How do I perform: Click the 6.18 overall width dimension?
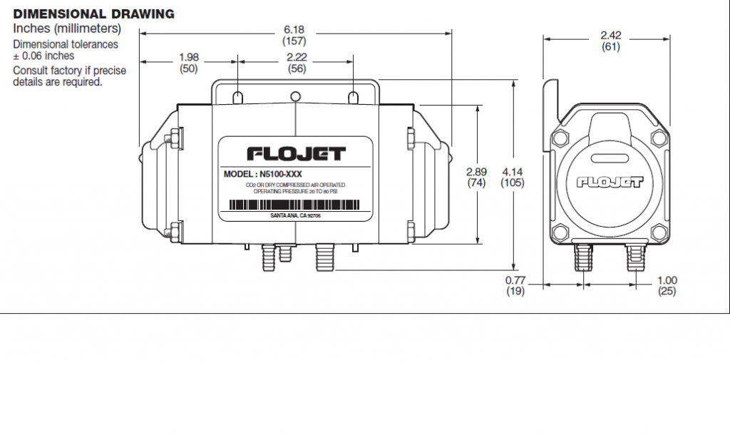point(294,29)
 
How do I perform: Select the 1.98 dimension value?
point(188,56)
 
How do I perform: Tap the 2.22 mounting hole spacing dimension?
point(297,56)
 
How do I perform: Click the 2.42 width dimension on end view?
point(611,35)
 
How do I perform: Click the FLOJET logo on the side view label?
point(296,153)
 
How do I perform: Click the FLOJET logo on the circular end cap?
point(610,182)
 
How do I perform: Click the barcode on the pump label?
point(295,204)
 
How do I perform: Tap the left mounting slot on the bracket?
point(238,96)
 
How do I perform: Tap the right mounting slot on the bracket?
point(353,96)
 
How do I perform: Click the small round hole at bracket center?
point(296,96)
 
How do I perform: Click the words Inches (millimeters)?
point(67,29)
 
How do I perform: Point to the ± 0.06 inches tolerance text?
point(43,56)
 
